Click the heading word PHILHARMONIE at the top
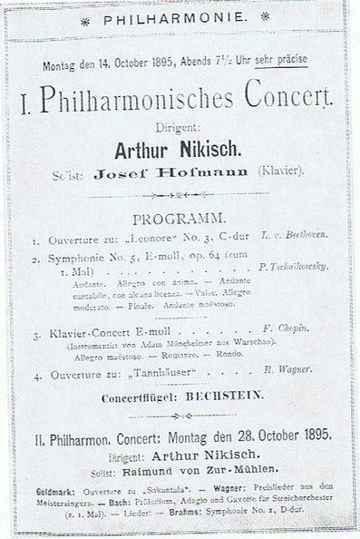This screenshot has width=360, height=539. (180, 16)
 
